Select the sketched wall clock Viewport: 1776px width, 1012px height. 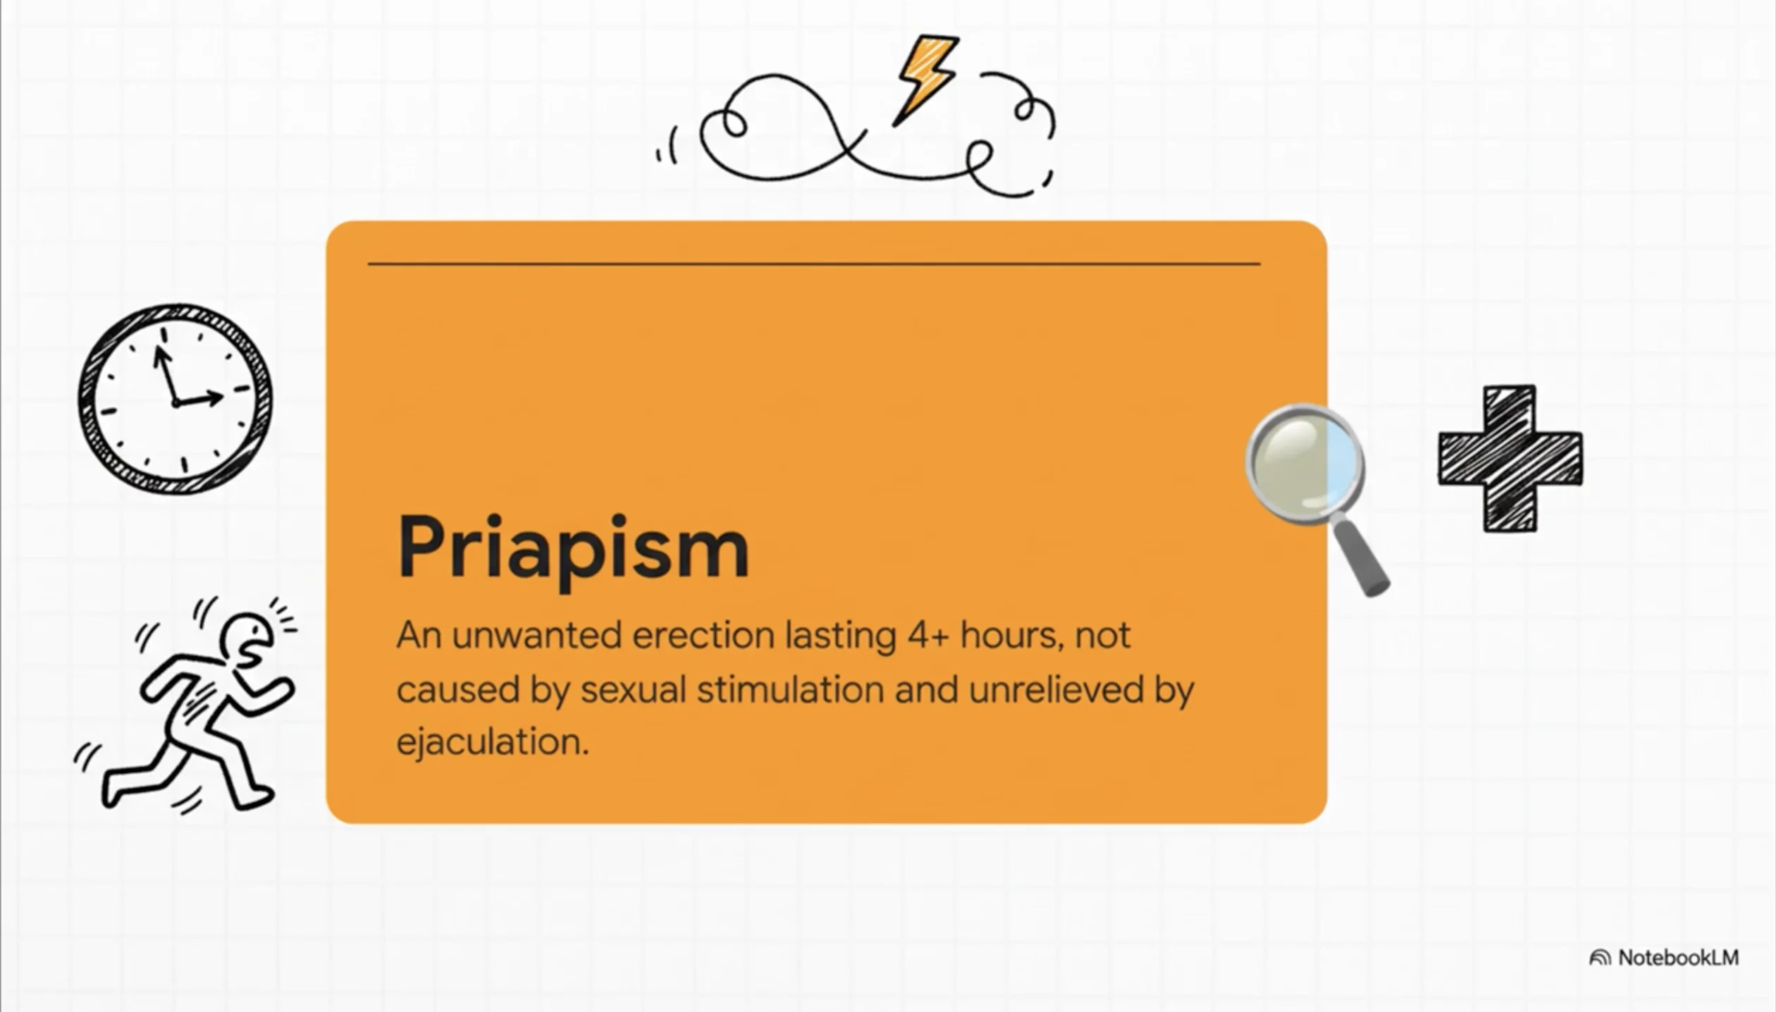tap(175, 398)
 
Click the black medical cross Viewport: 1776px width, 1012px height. tap(1510, 459)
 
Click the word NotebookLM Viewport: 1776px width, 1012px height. tap(1679, 958)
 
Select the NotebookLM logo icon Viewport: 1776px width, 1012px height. tap(1600, 958)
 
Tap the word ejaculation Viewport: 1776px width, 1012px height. tap(492, 742)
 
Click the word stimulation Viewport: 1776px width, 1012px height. tap(791, 689)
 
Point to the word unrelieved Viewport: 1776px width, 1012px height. tap(1056, 689)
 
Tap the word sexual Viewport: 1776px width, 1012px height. tap(633, 689)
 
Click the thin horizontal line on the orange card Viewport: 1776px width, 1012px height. tap(814, 264)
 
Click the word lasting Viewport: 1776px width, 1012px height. tap(841, 637)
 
